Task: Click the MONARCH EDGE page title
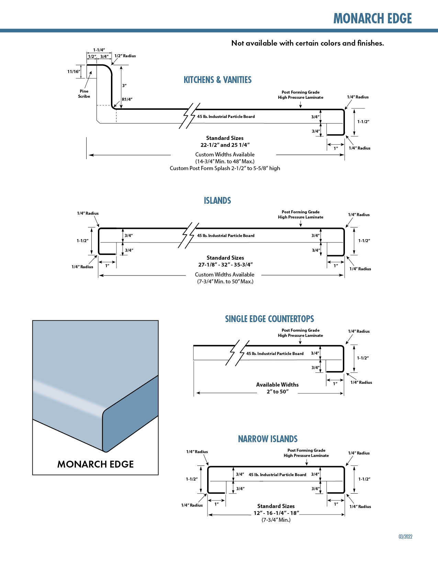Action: [372, 19]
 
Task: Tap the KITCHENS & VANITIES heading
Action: [217, 80]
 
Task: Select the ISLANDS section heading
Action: [217, 201]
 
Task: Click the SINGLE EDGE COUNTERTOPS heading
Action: [269, 319]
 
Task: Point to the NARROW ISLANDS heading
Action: [268, 439]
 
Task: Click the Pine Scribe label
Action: [84, 94]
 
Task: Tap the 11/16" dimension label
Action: [74, 72]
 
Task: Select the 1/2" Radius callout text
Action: [125, 56]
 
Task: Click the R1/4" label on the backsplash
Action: [127, 99]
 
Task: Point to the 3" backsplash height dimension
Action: [124, 85]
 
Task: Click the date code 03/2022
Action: [405, 536]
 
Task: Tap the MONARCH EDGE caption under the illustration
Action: [96, 464]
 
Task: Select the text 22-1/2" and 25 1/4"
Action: [225, 145]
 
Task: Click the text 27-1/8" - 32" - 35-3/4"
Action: [225, 264]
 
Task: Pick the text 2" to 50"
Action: [278, 392]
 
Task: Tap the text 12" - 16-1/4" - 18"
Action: [276, 513]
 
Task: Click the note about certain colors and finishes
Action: [307, 43]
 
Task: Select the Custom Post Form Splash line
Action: [225, 168]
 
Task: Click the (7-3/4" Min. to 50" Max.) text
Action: [225, 282]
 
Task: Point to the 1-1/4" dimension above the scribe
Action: [99, 50]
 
